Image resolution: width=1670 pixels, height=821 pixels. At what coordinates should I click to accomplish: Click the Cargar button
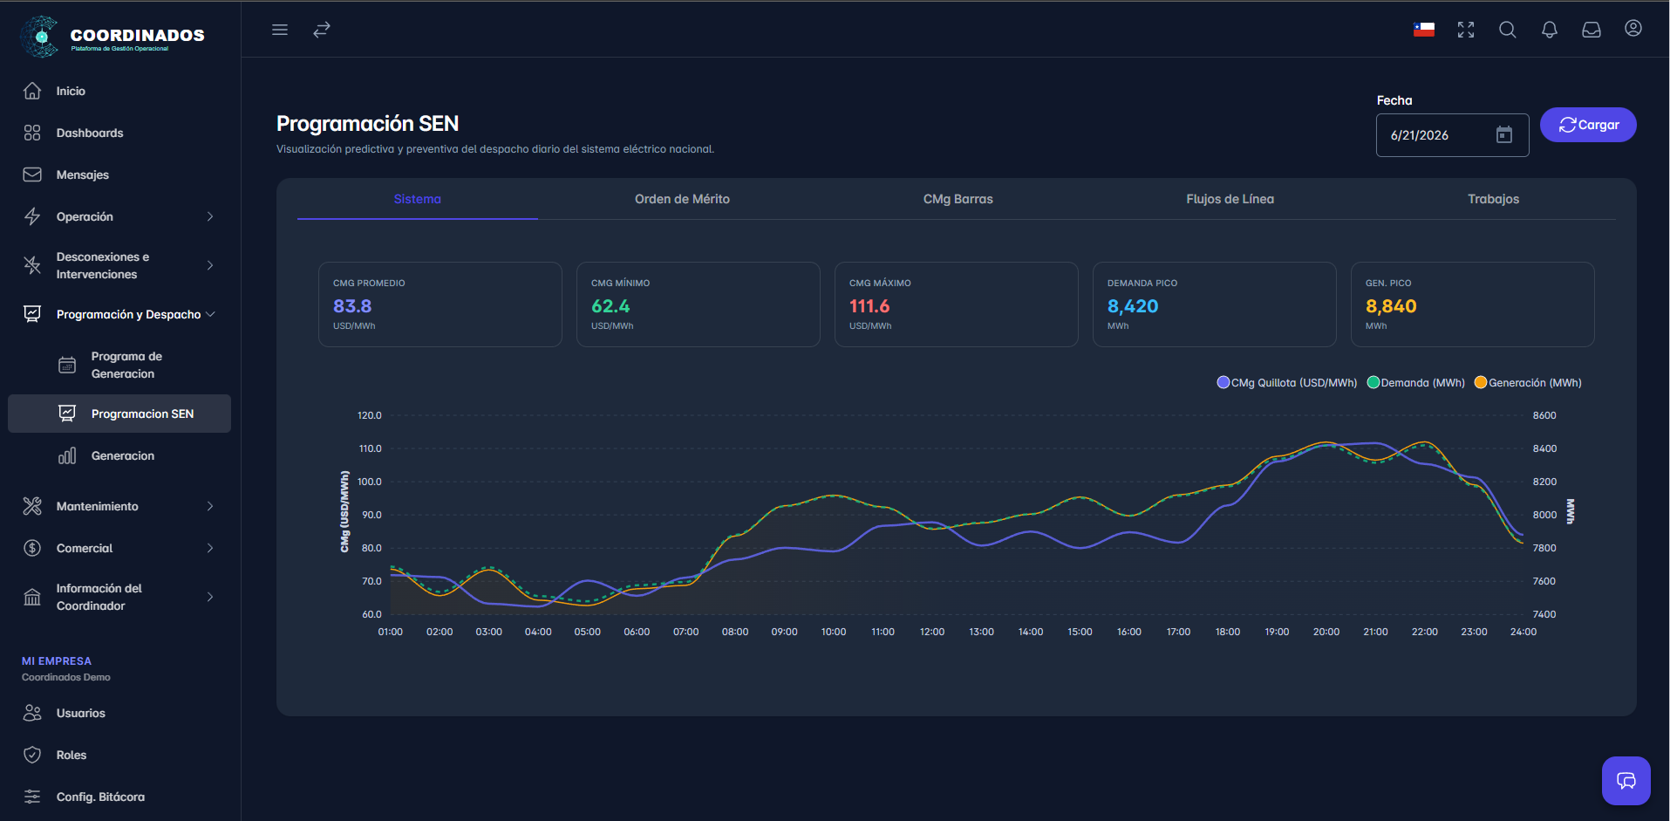1588,125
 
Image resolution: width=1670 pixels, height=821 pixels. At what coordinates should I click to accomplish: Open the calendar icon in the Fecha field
1504,134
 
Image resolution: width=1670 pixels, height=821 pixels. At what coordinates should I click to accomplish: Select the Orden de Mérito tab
682,199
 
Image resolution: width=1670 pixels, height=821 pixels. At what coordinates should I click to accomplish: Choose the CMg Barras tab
958,199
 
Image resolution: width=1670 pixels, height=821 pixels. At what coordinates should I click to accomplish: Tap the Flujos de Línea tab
1230,199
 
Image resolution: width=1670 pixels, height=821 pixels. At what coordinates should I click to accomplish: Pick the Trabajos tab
1493,199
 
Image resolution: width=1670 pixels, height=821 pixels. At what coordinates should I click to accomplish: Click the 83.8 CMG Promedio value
352,306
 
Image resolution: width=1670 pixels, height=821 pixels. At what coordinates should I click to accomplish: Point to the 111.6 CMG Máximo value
869,306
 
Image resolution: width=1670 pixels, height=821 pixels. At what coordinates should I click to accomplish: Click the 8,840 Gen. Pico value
1391,306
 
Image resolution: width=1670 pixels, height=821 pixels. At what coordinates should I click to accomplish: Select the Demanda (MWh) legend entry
1416,382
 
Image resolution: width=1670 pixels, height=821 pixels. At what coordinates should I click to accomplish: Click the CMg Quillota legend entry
1287,382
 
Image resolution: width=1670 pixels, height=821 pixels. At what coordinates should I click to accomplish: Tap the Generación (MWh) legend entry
1528,382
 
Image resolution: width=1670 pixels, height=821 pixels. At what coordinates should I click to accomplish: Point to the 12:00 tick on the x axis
932,632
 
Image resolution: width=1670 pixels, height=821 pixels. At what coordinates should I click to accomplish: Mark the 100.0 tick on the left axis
370,482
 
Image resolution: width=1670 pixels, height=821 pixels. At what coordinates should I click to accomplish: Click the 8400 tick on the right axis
1544,448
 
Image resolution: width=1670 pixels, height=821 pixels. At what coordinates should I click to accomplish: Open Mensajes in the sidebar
83,174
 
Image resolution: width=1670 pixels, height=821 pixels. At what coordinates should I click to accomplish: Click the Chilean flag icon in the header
1424,30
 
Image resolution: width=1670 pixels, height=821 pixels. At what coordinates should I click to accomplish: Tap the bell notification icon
1550,30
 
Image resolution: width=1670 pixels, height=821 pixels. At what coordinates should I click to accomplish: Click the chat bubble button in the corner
1626,781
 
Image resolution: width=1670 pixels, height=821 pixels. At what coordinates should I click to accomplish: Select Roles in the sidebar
72,755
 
